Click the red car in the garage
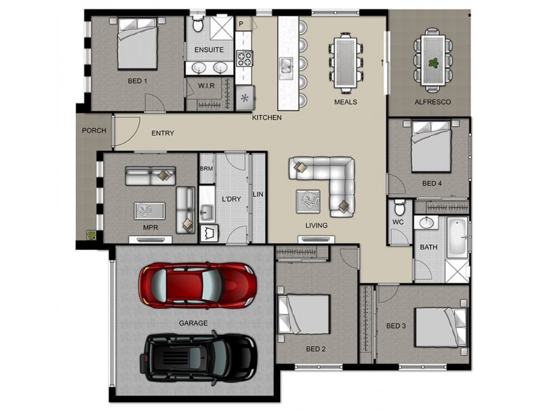pyautogui.click(x=197, y=284)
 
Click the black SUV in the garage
pyautogui.click(x=199, y=358)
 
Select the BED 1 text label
pyautogui.click(x=137, y=81)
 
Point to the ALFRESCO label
pyautogui.click(x=432, y=101)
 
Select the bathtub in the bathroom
pyautogui.click(x=458, y=238)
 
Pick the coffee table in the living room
pyautogui.click(x=307, y=201)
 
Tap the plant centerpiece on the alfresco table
pyautogui.click(x=433, y=62)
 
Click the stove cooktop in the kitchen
pyautogui.click(x=245, y=58)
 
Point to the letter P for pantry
pyautogui.click(x=240, y=24)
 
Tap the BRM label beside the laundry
pyautogui.click(x=206, y=168)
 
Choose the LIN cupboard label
pyautogui.click(x=258, y=195)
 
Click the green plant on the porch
pyautogui.click(x=90, y=235)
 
